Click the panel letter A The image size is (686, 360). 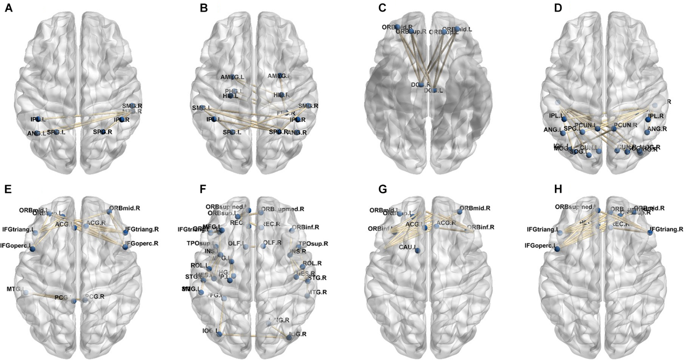(8, 8)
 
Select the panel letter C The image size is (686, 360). (382, 8)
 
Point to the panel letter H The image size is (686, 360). (558, 189)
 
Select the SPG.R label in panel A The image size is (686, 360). (102, 132)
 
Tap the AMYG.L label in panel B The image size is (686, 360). (232, 77)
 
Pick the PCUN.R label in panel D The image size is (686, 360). (624, 125)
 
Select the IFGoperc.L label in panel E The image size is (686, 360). (14, 245)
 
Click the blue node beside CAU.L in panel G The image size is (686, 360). (417, 251)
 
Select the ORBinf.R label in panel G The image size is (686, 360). (480, 227)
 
